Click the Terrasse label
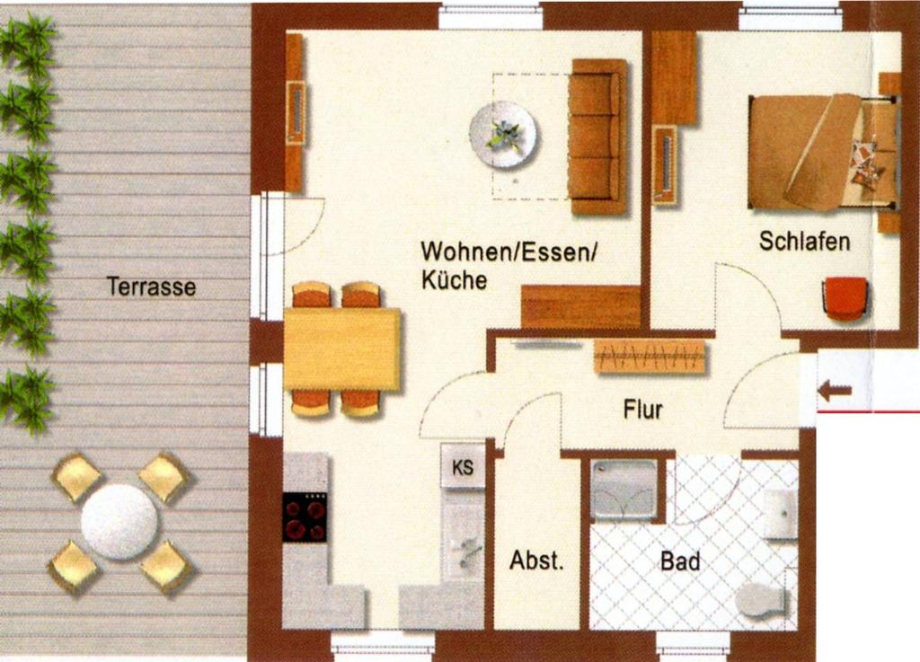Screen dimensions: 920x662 pos(151,287)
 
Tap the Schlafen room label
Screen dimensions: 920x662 pos(804,241)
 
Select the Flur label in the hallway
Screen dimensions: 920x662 pos(643,410)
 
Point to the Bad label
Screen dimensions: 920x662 pos(681,561)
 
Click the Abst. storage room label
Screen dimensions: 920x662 pos(536,560)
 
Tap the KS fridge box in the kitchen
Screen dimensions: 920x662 pos(463,466)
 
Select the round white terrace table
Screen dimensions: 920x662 pos(120,523)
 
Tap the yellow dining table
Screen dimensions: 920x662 pos(342,349)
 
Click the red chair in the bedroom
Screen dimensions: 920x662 pos(845,298)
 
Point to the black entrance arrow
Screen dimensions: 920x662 pos(835,390)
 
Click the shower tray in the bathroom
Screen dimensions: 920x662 pos(624,490)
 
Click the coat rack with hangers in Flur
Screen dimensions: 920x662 pos(650,356)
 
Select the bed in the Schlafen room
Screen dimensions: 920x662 pos(823,153)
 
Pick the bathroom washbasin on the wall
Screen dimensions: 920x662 pos(781,514)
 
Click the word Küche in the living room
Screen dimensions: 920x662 pos(454,279)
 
